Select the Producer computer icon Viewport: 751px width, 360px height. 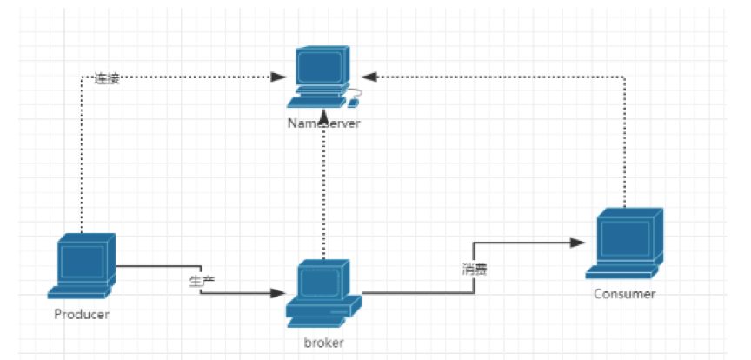click(x=84, y=266)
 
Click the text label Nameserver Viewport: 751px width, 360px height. click(x=323, y=123)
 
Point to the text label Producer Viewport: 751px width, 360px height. click(x=82, y=314)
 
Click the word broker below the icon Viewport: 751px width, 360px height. click(x=323, y=342)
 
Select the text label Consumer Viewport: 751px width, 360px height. click(x=624, y=294)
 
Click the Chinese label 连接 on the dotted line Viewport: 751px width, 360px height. click(x=107, y=78)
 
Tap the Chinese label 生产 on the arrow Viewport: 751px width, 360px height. click(x=202, y=280)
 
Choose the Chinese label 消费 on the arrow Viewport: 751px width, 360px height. click(x=475, y=269)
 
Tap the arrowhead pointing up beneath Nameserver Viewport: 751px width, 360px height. click(x=323, y=116)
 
